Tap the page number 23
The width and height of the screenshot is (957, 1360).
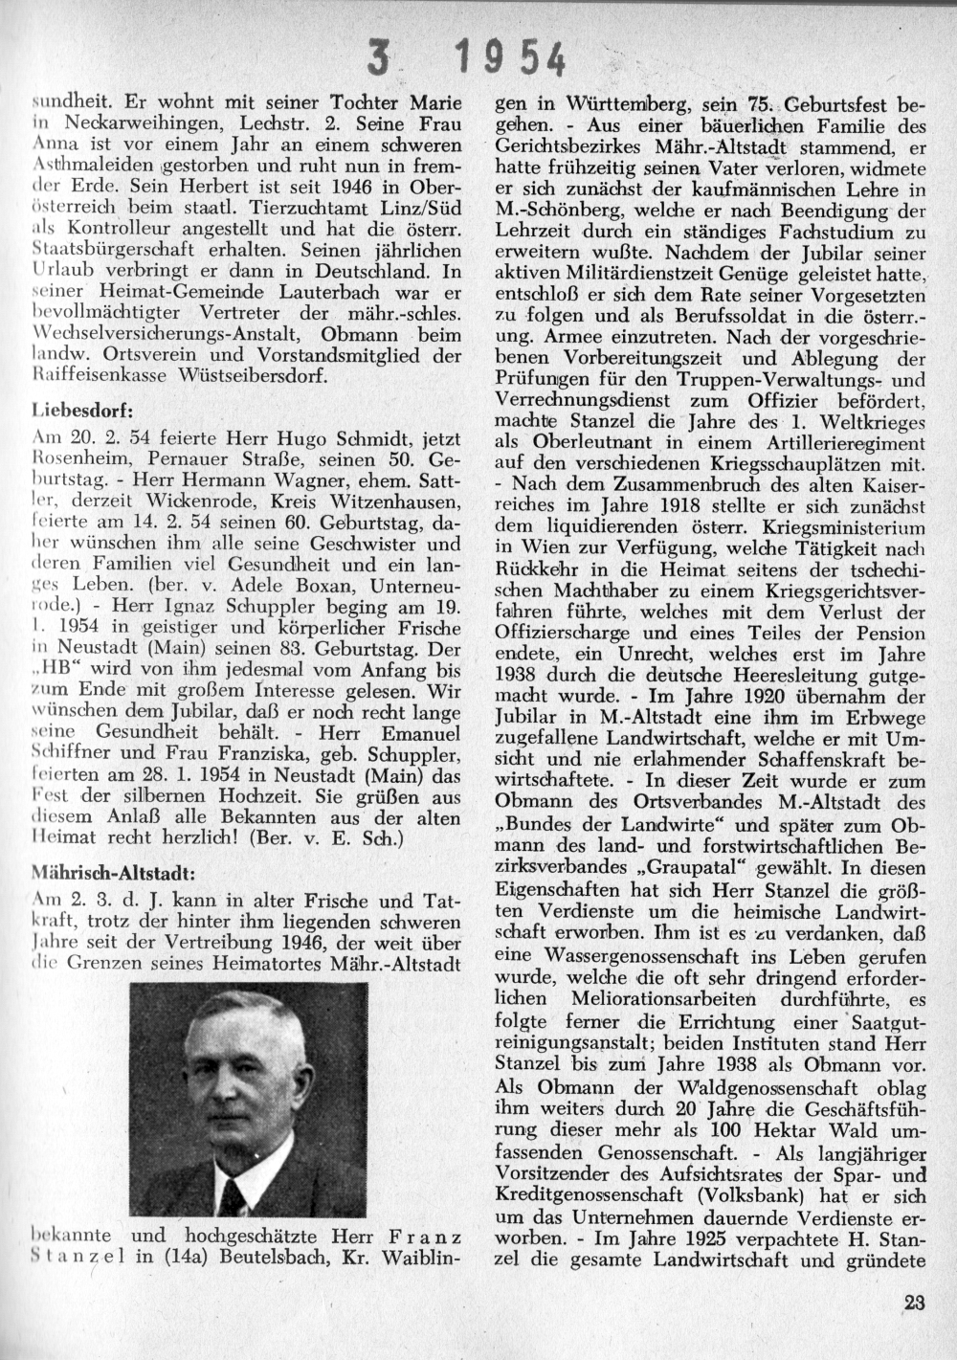point(913,1302)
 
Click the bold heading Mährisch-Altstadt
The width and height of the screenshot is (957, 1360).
point(113,872)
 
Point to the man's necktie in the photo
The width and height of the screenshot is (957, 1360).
point(232,1195)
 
